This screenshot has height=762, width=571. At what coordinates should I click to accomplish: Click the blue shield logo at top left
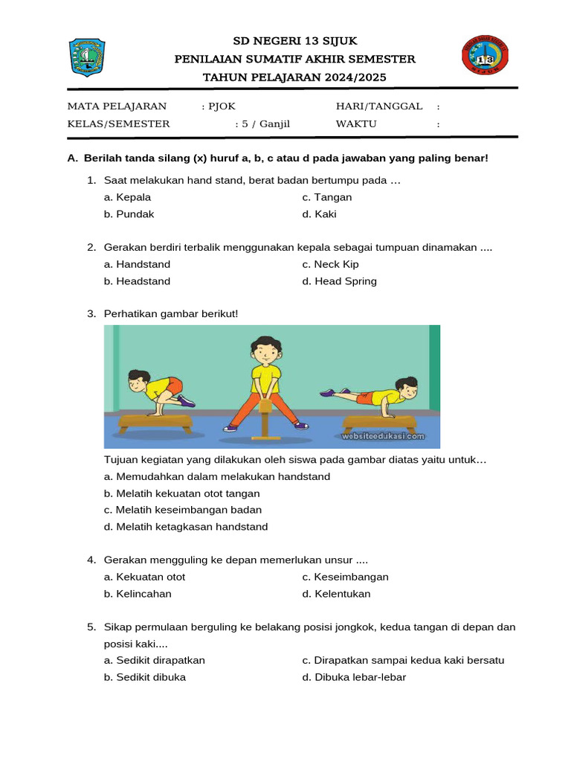click(x=88, y=57)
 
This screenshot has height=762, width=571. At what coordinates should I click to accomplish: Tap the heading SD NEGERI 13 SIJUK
click(x=294, y=41)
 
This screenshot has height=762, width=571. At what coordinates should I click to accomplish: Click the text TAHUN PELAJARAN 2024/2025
click(x=294, y=77)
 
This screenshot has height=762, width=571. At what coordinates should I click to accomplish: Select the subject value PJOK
click(x=222, y=106)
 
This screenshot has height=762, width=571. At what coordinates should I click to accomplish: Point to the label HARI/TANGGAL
click(x=379, y=106)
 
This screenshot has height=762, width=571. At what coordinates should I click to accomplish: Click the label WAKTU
click(x=356, y=124)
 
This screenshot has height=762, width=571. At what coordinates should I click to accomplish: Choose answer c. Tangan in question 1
click(x=327, y=197)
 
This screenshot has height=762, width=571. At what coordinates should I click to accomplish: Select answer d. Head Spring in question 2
click(x=340, y=281)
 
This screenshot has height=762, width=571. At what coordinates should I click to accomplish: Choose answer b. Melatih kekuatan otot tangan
click(x=182, y=493)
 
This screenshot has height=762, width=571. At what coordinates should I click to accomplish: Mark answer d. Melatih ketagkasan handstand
click(x=186, y=527)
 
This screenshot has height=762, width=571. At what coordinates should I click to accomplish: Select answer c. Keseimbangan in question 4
click(x=346, y=577)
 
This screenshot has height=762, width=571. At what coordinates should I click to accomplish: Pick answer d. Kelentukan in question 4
click(x=336, y=594)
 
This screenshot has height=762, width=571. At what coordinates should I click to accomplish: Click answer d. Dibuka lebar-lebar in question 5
click(x=354, y=677)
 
